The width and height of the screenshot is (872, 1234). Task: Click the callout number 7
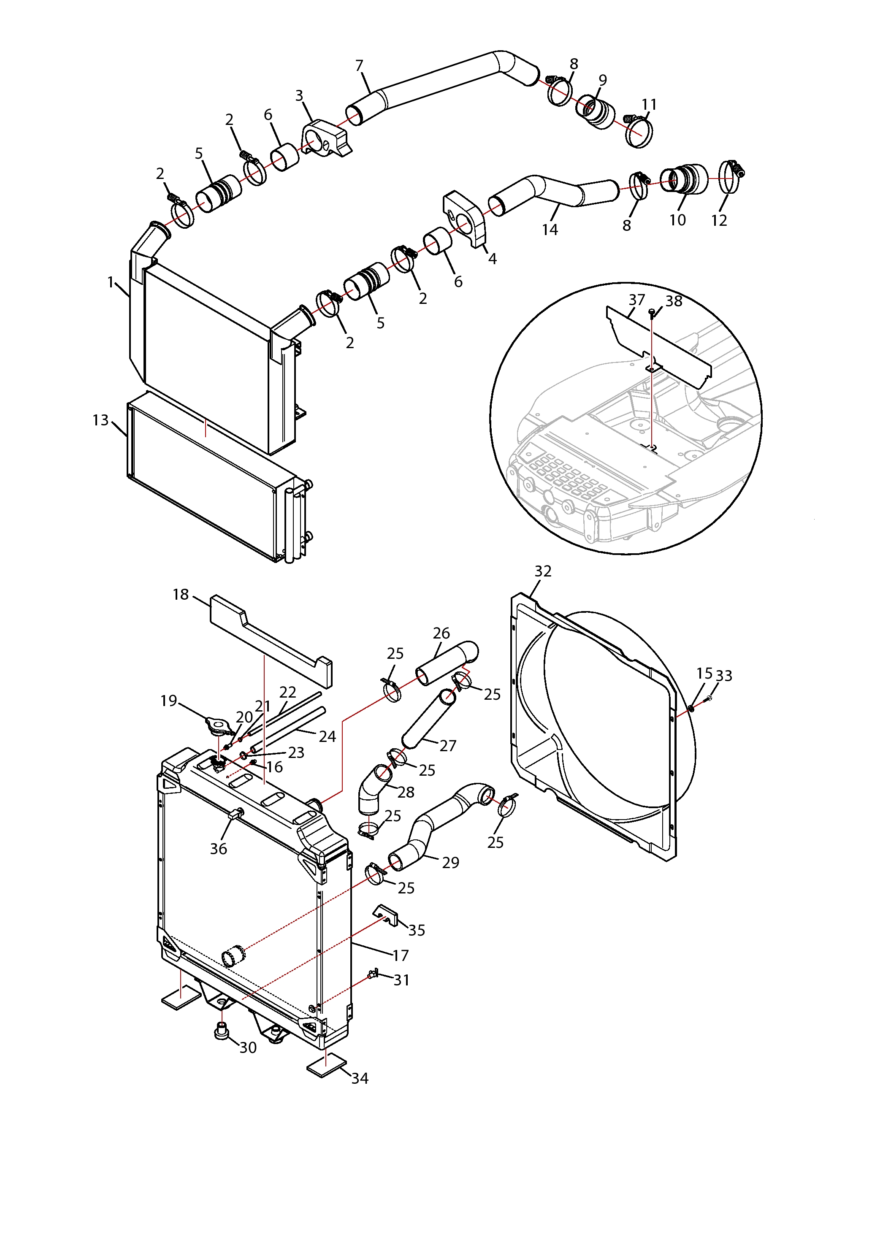(x=359, y=65)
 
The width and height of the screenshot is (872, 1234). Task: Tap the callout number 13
(x=100, y=420)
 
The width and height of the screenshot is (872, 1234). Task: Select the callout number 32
(x=543, y=571)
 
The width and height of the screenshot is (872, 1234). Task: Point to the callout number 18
(x=181, y=595)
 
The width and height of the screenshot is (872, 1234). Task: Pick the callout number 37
(x=636, y=300)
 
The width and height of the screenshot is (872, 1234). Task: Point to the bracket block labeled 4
(x=465, y=218)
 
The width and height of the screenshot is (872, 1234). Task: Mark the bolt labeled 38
(x=652, y=313)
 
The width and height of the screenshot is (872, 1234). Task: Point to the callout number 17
(x=401, y=955)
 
